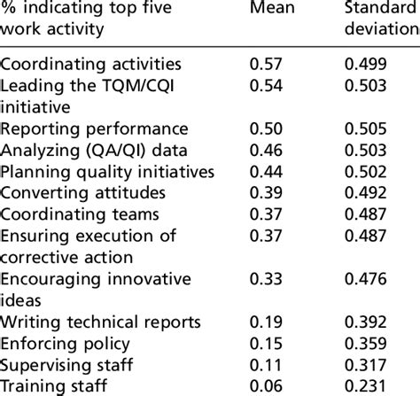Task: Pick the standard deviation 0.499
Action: coord(365,65)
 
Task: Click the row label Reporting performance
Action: coord(95,128)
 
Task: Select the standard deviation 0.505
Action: coord(365,128)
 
